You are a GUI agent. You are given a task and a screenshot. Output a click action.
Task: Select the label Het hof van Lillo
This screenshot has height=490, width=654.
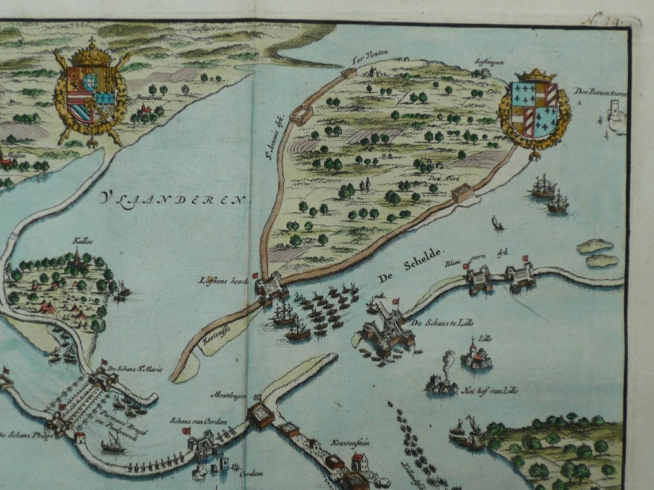click(x=490, y=390)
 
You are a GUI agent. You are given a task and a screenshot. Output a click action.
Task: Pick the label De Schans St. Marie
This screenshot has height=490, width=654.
click(x=135, y=368)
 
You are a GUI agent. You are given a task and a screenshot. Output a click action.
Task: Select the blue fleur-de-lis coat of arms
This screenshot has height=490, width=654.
click(x=535, y=110)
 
